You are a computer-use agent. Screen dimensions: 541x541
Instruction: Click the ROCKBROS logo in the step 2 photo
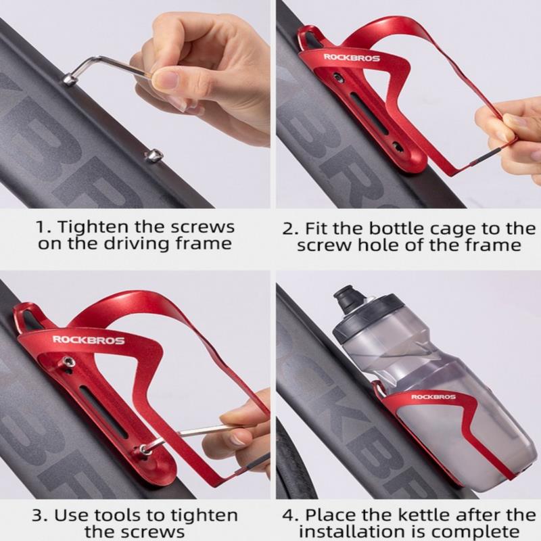point(352,57)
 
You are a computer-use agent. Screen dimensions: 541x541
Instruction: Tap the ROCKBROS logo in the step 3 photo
point(89,340)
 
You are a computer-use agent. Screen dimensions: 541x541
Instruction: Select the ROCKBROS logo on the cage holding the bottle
point(433,397)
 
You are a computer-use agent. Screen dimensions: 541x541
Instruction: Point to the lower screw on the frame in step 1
point(153,156)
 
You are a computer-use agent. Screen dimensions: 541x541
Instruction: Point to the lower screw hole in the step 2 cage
point(398,147)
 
